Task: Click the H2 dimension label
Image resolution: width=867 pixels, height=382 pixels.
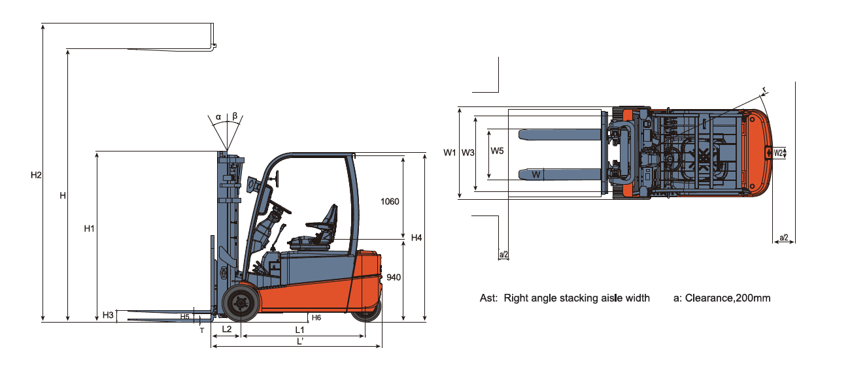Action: [x=36, y=175]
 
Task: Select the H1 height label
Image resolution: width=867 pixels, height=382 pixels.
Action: [x=89, y=229]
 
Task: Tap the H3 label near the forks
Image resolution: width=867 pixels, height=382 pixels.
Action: [x=108, y=315]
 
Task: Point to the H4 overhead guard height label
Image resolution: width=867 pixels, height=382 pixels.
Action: [x=416, y=238]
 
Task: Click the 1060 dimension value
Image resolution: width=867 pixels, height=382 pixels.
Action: [x=390, y=201]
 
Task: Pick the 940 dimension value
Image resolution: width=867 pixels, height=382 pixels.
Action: [x=394, y=278]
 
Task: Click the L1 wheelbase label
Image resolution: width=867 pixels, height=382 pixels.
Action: [x=299, y=330]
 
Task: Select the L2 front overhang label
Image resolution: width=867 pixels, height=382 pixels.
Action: [x=227, y=329]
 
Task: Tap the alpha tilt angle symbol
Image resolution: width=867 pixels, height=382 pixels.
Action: [x=218, y=117]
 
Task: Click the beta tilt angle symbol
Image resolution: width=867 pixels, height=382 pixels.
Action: [x=235, y=116]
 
